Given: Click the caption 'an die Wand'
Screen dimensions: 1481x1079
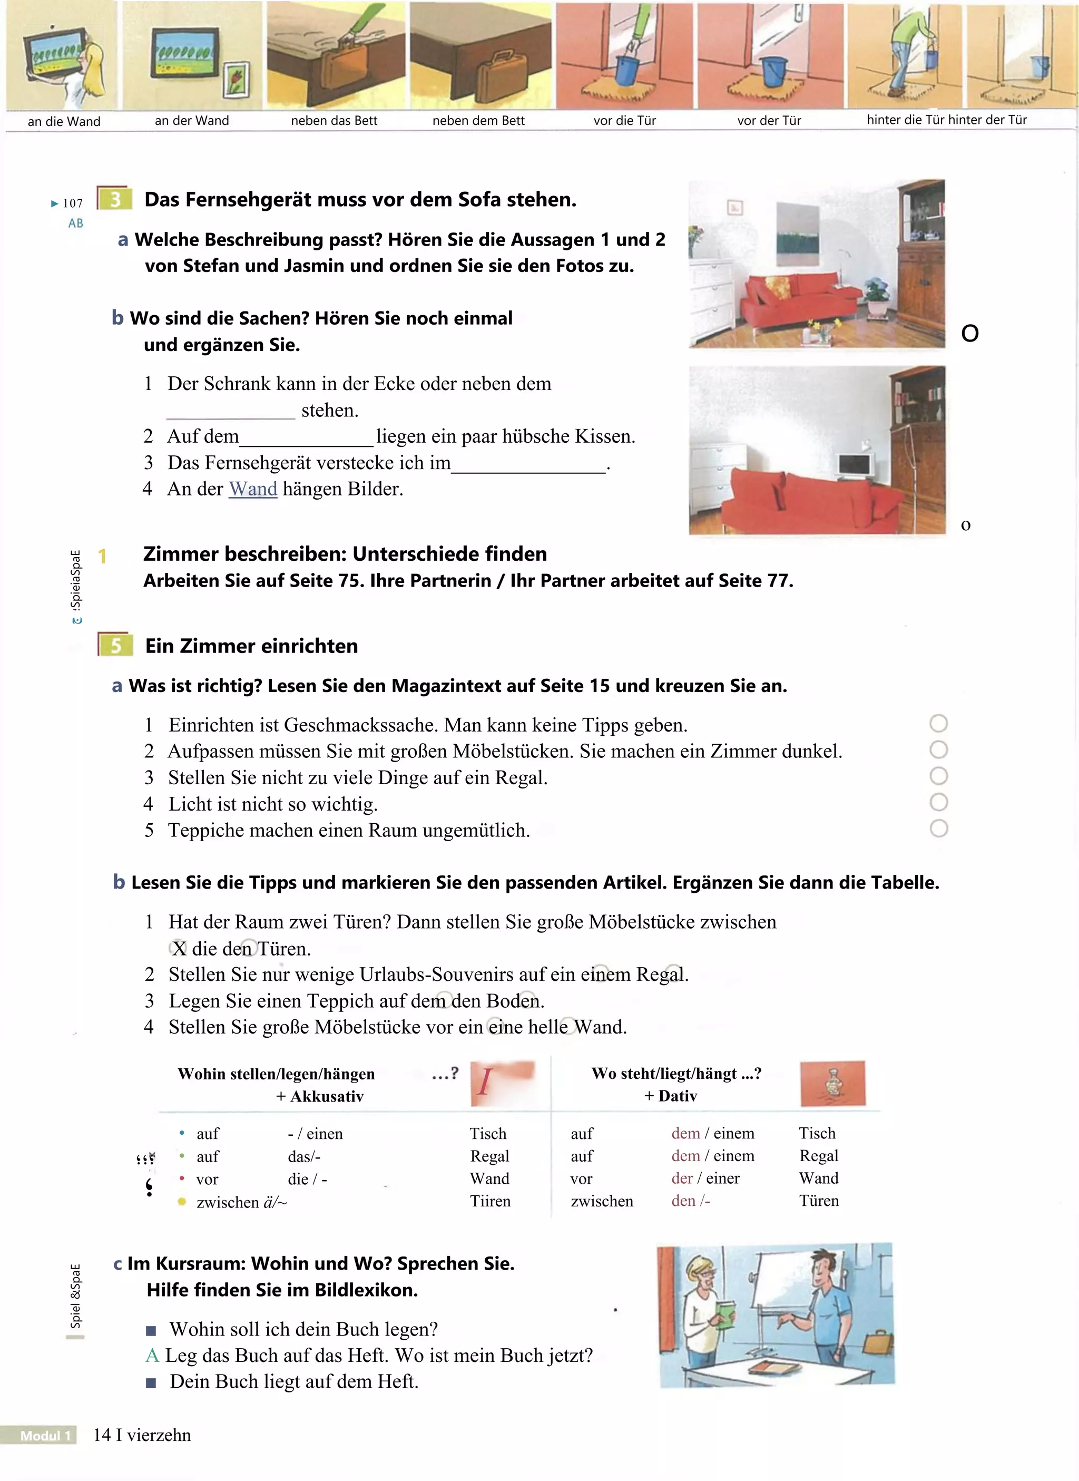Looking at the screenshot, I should [64, 122].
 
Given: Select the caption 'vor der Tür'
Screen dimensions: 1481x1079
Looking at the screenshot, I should [769, 121].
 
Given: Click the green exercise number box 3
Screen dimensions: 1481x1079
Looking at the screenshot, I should [115, 199].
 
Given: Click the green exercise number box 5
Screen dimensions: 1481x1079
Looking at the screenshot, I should [115, 646].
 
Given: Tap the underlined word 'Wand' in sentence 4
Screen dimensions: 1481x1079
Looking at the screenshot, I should [253, 489].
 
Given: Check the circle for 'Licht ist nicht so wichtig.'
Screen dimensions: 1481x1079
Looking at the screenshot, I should [938, 802].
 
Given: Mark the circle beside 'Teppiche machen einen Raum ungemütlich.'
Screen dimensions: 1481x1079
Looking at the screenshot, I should [938, 829].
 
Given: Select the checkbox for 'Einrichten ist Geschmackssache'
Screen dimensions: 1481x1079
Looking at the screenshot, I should [938, 723].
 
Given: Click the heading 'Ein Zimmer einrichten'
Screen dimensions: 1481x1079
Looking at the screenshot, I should [251, 646].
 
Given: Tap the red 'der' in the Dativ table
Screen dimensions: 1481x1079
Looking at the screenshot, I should [682, 1178].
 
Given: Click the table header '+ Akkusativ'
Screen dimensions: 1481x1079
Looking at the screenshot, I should [319, 1096].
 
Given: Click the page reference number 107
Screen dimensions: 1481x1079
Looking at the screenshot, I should [73, 203].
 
